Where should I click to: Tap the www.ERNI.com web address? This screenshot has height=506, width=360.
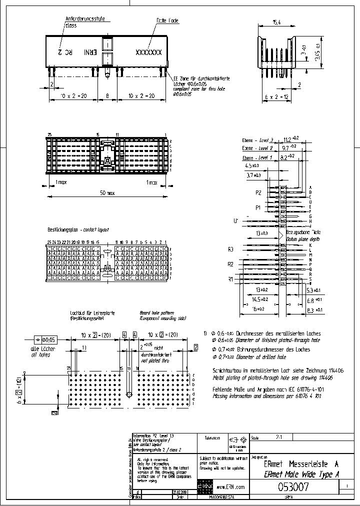point(231,486)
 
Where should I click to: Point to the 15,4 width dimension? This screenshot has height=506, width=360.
point(276,22)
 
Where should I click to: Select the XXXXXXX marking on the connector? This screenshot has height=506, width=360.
point(149,52)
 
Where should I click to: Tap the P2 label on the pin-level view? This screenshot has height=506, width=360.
point(258,192)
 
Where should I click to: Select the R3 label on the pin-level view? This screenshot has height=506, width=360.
point(230,249)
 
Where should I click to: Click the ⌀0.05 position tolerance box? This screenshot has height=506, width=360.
point(44,338)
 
